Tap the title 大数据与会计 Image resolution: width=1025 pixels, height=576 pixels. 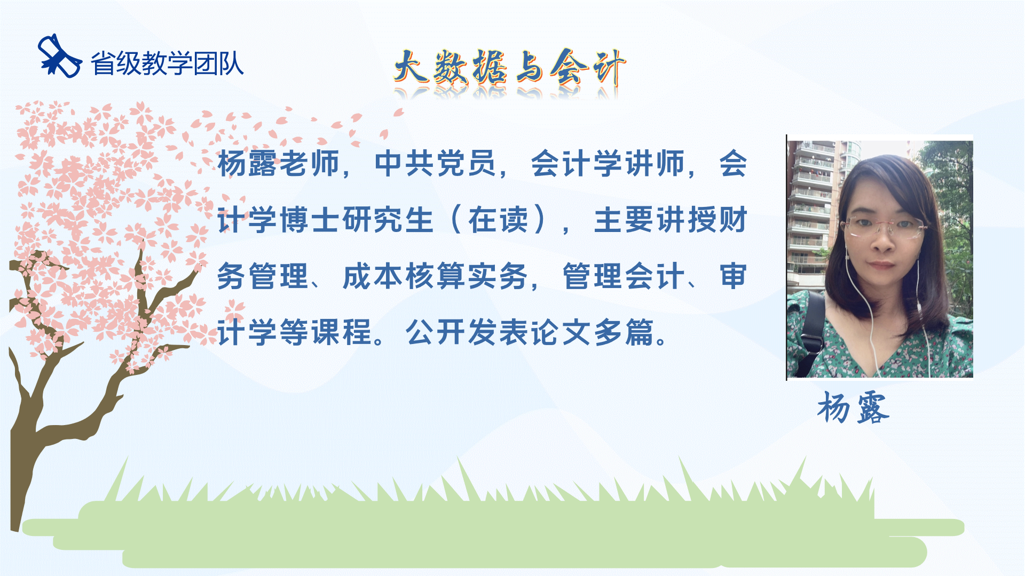(x=510, y=68)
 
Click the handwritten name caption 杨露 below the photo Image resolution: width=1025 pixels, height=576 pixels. (x=853, y=408)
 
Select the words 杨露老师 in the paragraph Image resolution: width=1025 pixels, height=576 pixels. (x=279, y=163)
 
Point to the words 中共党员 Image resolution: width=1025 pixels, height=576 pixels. (x=436, y=163)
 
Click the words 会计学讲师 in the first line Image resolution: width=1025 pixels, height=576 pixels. (x=608, y=163)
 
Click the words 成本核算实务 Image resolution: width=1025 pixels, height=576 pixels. (x=435, y=276)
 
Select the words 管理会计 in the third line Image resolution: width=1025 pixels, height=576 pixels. (x=624, y=276)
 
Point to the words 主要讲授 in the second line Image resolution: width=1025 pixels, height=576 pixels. (x=655, y=220)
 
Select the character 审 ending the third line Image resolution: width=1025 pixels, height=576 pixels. (x=733, y=276)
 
